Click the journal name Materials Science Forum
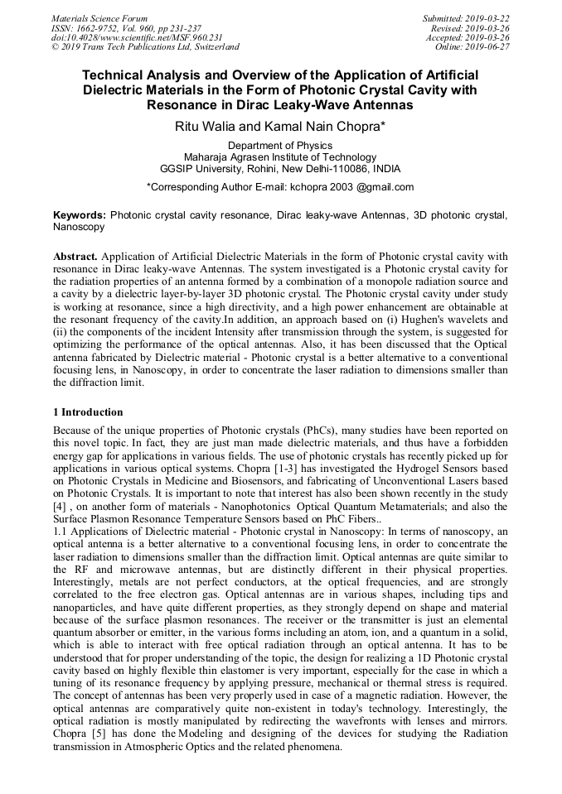(99, 18)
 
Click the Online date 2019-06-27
(488, 47)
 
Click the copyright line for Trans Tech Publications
(144, 47)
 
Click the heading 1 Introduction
(88, 412)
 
